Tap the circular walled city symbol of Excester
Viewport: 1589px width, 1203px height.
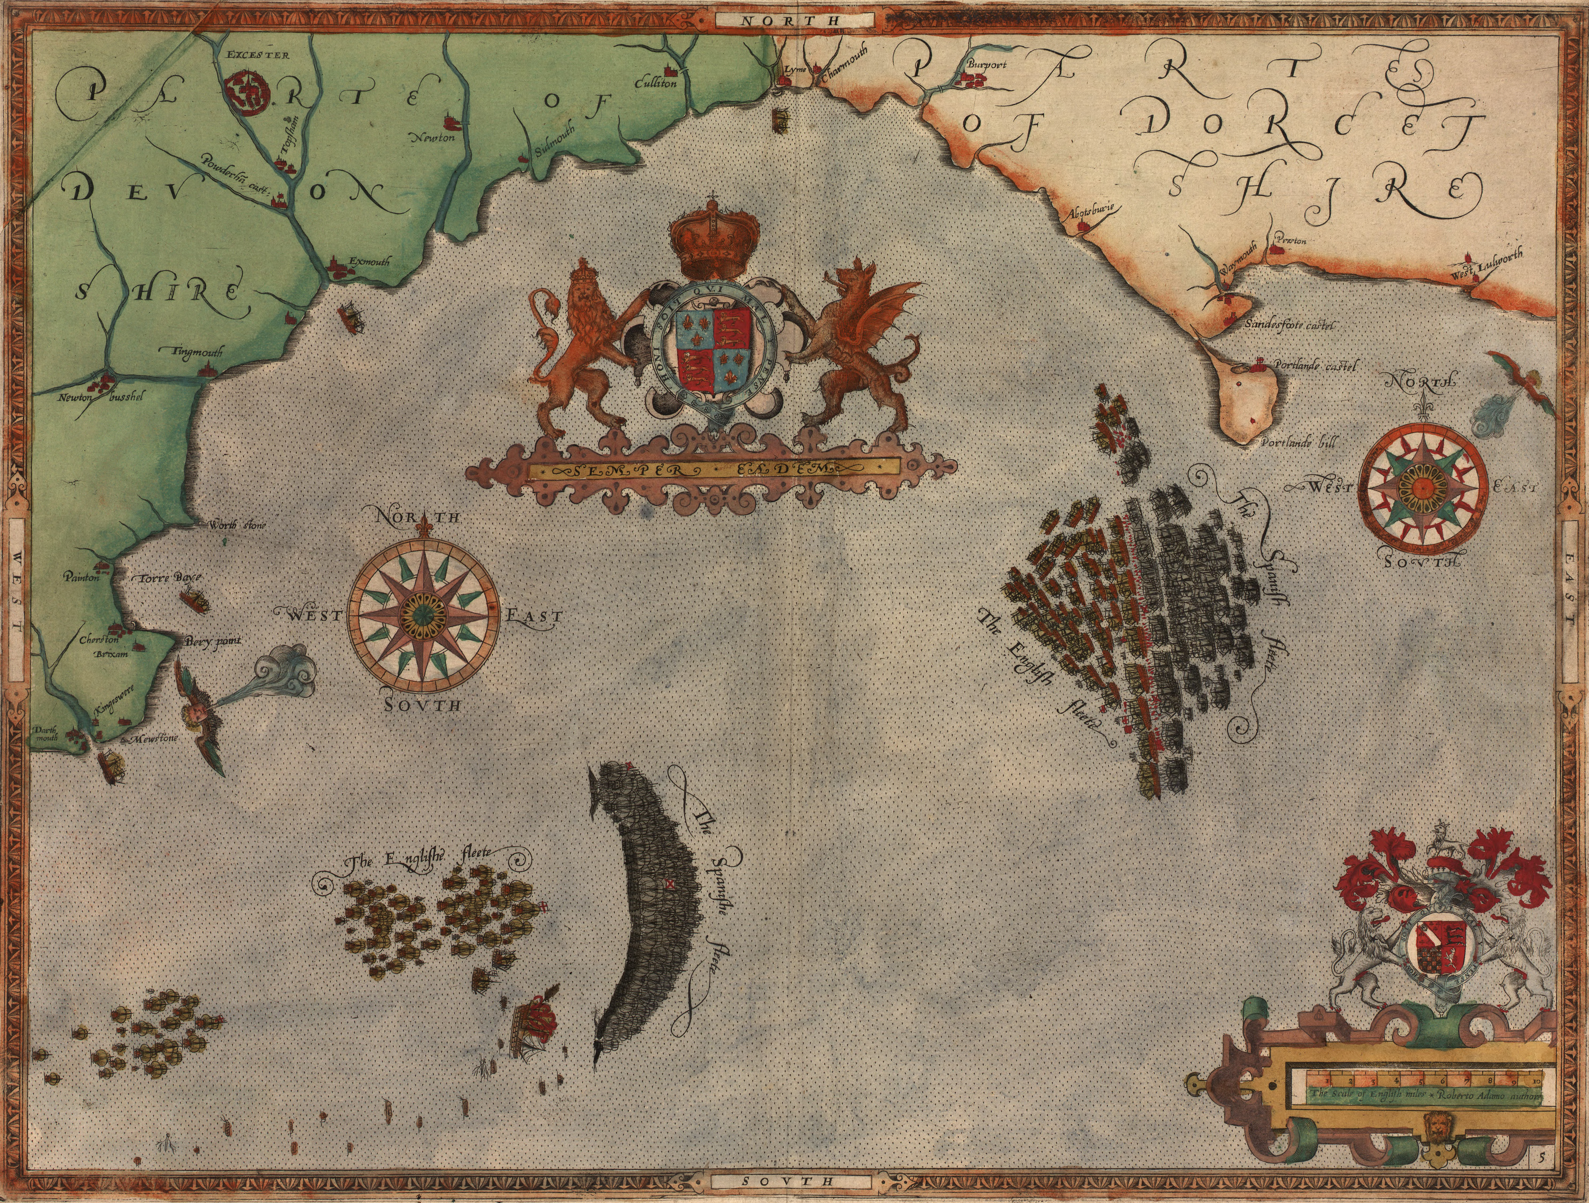(x=244, y=93)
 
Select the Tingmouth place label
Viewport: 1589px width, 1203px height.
(x=197, y=353)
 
